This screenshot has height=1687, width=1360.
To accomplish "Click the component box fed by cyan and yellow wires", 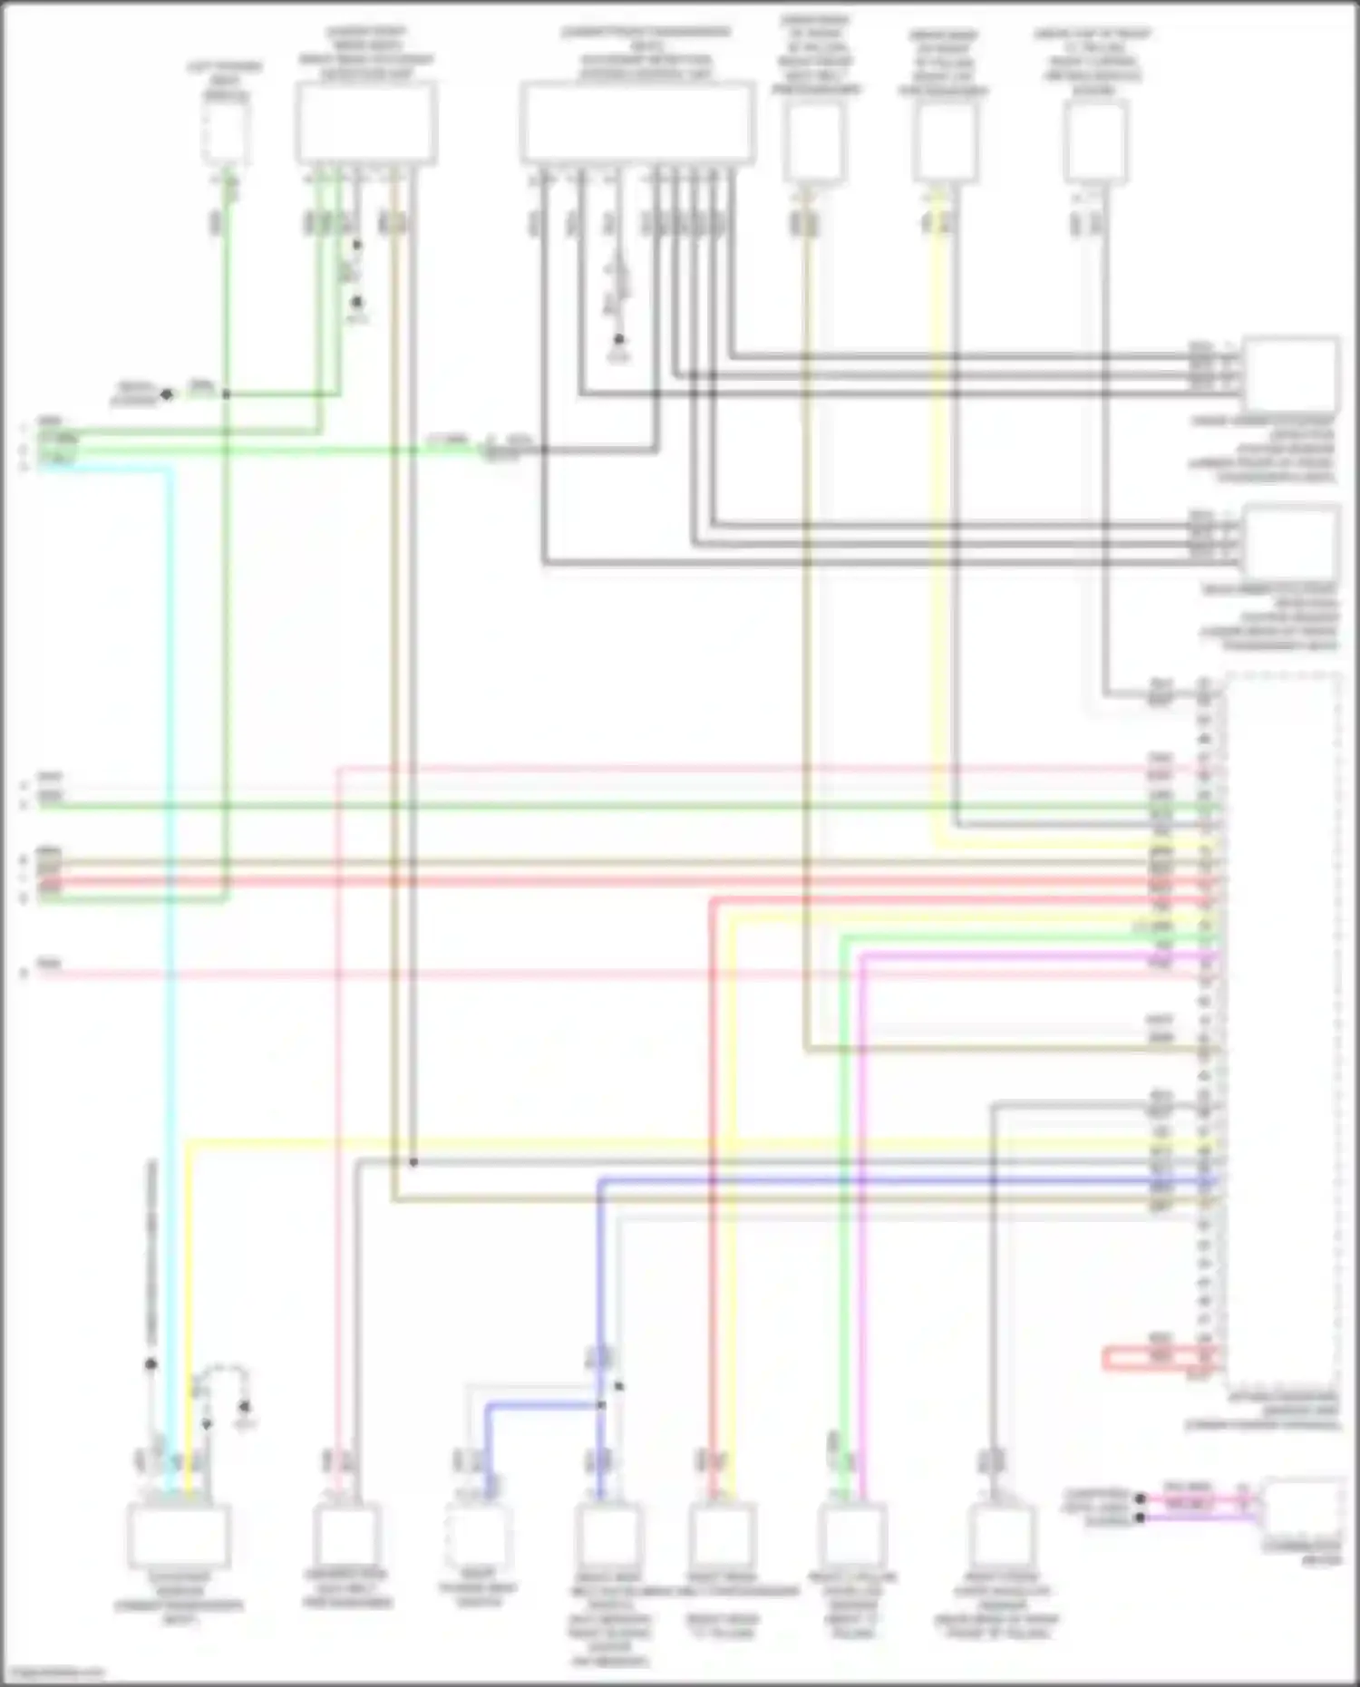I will [179, 1535].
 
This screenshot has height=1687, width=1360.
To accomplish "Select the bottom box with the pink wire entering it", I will [345, 1535].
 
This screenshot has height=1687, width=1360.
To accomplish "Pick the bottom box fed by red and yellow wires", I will [723, 1535].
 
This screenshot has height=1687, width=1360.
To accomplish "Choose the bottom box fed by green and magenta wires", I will [852, 1535].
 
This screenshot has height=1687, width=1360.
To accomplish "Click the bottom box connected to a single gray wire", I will [1000, 1535].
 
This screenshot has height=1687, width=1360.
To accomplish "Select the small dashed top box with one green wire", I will [225, 131].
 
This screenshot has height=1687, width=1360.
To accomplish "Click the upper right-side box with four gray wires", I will [1290, 374].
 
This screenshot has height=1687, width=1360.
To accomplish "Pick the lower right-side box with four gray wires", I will [1290, 541].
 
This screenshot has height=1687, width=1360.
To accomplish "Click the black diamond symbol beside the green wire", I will [166, 394].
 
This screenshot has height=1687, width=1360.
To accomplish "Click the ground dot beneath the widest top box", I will [619, 340].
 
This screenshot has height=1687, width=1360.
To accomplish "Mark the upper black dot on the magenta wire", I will [1141, 1498].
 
